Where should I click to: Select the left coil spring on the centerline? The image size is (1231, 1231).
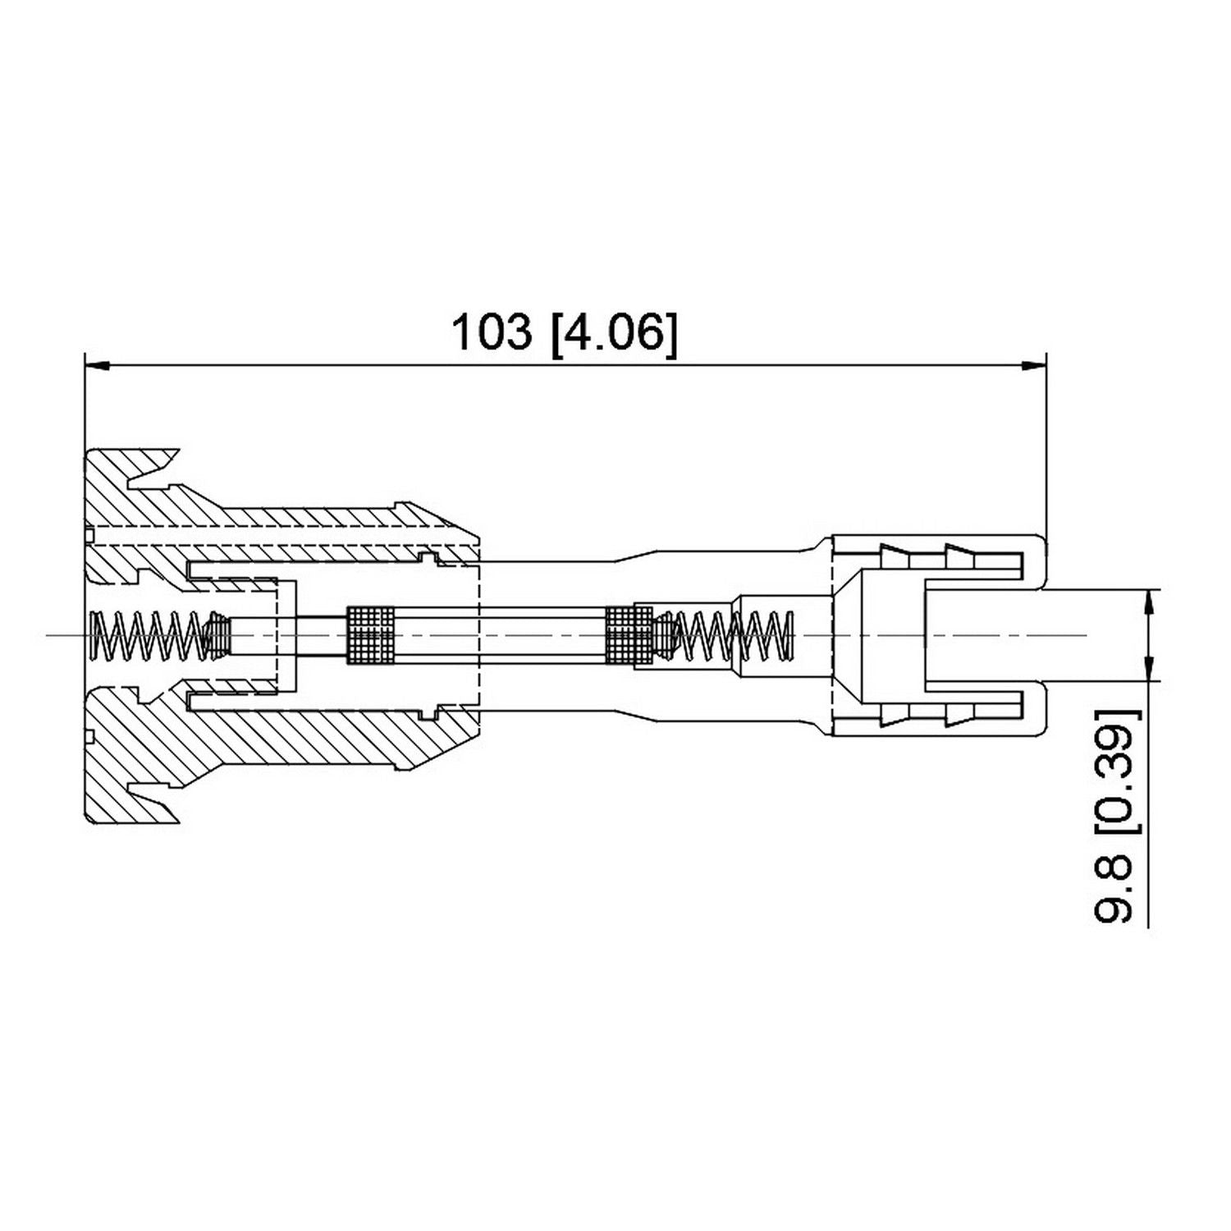click(148, 635)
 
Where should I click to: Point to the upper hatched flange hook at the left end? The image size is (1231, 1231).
click(131, 472)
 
